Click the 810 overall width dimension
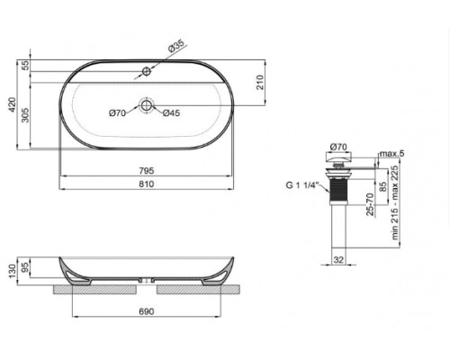point(146,184)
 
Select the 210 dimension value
point(258,83)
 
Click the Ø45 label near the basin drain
point(172,112)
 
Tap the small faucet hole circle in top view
point(146,69)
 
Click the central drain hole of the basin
point(146,106)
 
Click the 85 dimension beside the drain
point(383,186)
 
